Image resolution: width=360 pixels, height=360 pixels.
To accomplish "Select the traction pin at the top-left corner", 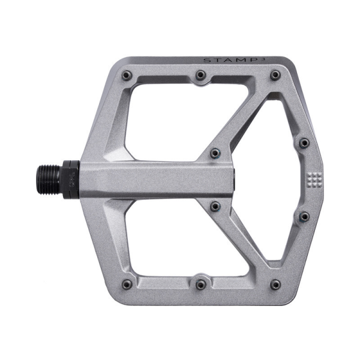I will (127, 75).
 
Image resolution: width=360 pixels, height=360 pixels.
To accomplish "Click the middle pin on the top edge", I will (201, 75).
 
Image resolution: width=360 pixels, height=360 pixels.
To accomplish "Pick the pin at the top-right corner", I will (275, 75).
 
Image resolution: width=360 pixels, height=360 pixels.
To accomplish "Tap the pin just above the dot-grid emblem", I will (304, 143).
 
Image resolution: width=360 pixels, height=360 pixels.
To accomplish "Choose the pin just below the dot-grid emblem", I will (304, 216).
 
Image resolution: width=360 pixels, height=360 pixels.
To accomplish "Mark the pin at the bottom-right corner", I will (275, 284).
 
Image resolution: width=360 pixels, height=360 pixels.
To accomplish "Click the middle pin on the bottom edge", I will (201, 283).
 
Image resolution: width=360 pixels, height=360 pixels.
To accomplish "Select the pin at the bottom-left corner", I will (127, 284).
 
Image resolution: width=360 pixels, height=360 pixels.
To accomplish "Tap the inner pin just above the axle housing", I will (215, 154).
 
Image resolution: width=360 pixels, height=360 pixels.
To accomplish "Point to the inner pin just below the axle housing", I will (215, 206).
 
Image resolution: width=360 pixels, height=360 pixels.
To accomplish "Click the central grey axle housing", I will (156, 179).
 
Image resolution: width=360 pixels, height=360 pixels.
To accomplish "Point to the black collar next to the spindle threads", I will (70, 178).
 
